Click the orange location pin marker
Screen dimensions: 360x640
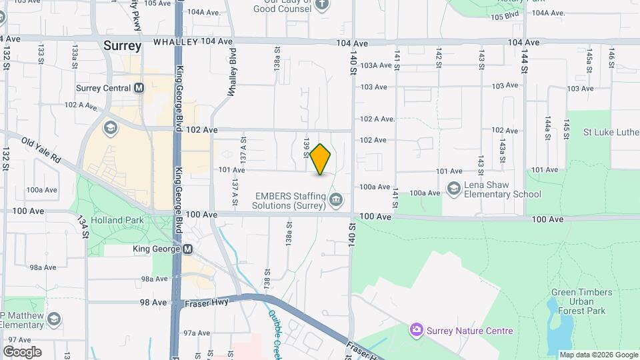click(x=321, y=159)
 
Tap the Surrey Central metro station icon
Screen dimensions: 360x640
click(x=139, y=88)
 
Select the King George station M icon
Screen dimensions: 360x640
click(x=187, y=249)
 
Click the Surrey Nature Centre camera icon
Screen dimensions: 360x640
click(x=417, y=330)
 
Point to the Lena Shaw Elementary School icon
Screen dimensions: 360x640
click(x=454, y=189)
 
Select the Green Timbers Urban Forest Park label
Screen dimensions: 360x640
click(x=578, y=301)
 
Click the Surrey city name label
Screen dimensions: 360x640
click(x=123, y=46)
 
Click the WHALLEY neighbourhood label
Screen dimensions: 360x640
click(x=176, y=41)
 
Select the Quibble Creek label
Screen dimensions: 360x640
click(x=276, y=331)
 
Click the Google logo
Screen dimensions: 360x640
click(x=22, y=351)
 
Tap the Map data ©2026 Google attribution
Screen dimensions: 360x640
click(x=598, y=355)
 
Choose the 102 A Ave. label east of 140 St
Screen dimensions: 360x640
click(x=377, y=119)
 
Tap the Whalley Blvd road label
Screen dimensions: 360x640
click(x=232, y=73)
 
